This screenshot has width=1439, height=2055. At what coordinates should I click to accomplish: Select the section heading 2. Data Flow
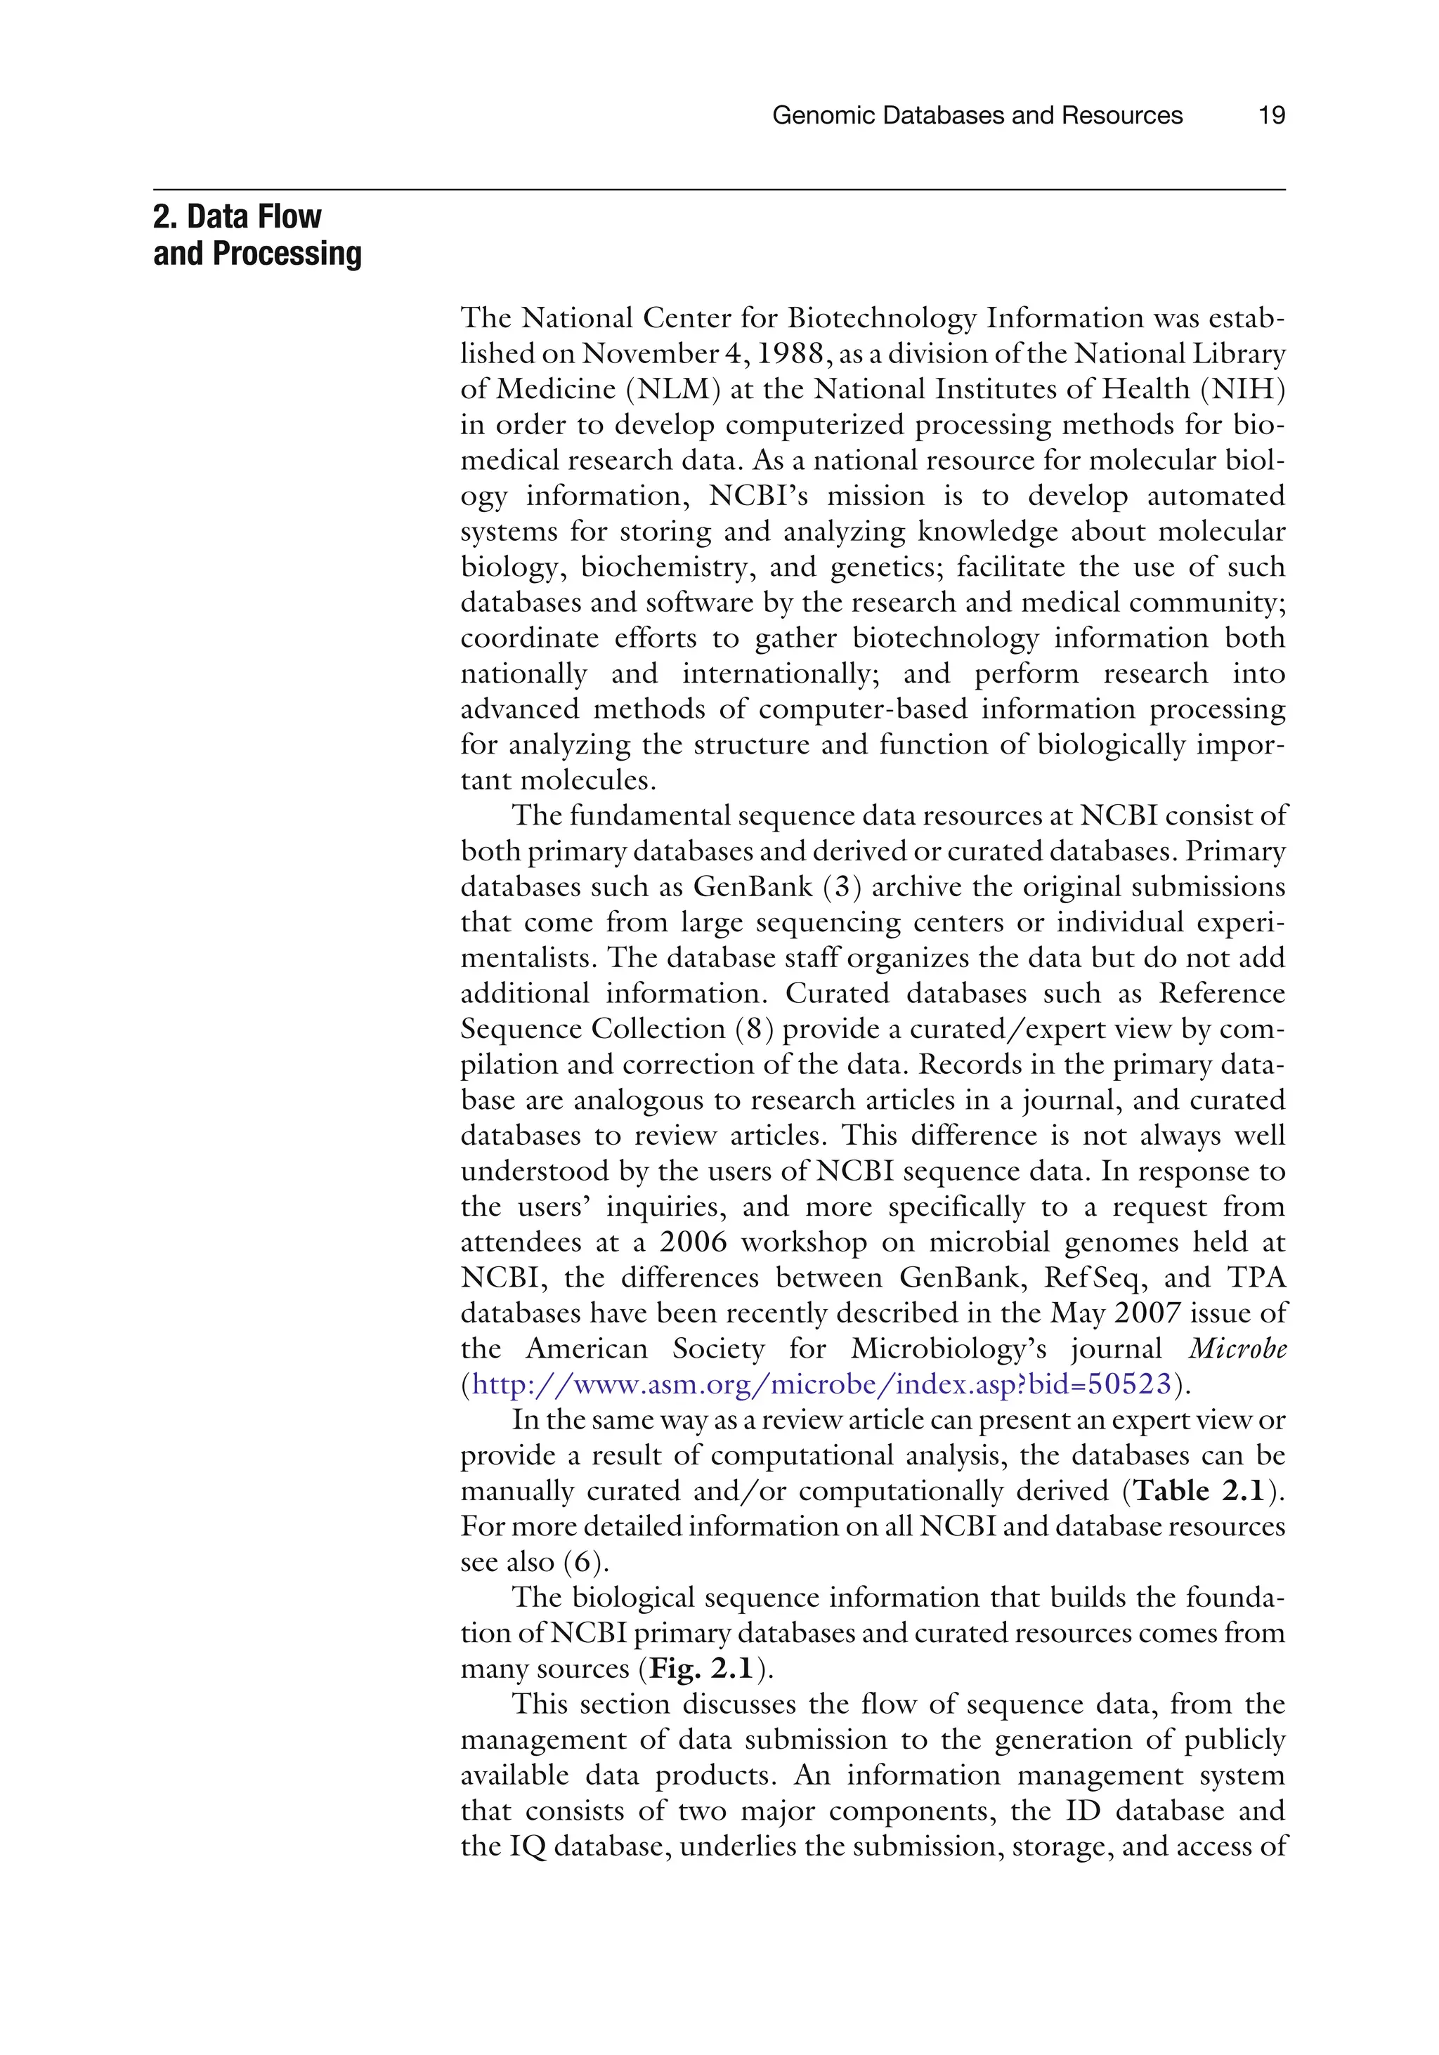(237, 216)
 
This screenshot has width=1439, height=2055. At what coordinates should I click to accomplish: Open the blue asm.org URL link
(821, 1384)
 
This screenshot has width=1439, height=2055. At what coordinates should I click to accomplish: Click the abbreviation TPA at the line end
(1256, 1278)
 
